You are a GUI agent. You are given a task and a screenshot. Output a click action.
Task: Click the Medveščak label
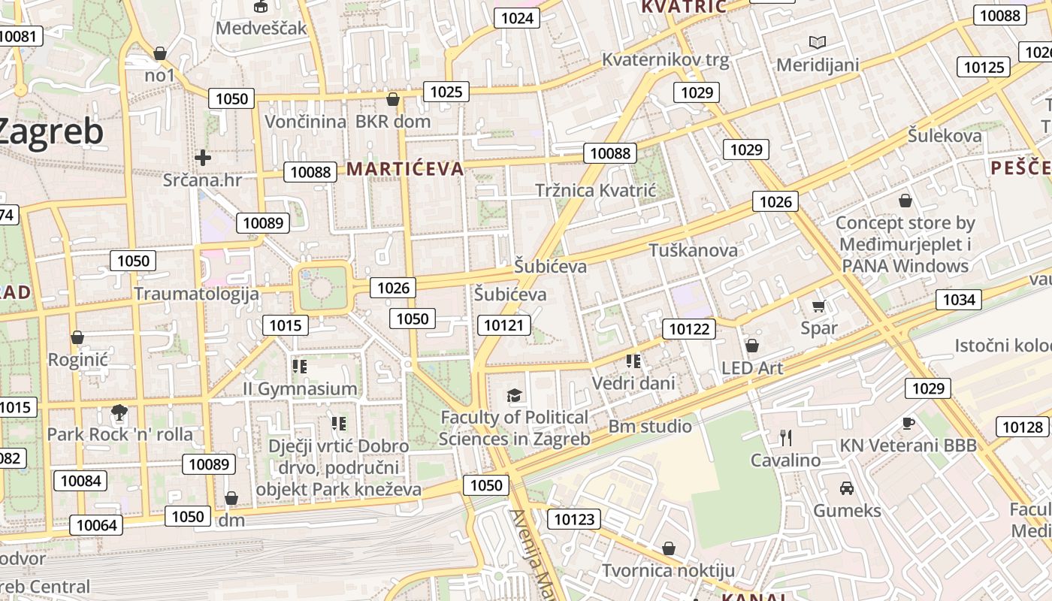pyautogui.click(x=261, y=29)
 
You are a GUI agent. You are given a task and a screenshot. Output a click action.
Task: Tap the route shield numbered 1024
pyautogui.click(x=517, y=18)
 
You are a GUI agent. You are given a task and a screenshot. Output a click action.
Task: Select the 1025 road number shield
pyautogui.click(x=446, y=92)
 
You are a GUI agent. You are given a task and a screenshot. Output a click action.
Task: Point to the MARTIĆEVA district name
pyautogui.click(x=405, y=168)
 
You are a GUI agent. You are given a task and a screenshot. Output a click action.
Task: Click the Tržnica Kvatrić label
pyautogui.click(x=596, y=191)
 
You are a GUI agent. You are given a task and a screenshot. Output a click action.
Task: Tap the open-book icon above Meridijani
pyautogui.click(x=817, y=43)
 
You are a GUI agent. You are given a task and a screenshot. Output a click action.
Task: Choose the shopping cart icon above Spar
pyautogui.click(x=819, y=306)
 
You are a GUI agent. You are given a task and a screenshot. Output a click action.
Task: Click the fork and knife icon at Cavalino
pyautogui.click(x=786, y=437)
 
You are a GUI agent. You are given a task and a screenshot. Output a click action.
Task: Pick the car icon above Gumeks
pyautogui.click(x=847, y=488)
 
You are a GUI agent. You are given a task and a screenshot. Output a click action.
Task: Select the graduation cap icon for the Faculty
pyautogui.click(x=514, y=395)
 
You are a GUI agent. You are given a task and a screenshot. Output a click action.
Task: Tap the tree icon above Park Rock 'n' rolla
pyautogui.click(x=119, y=412)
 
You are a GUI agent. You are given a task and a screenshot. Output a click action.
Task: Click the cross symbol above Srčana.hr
pyautogui.click(x=202, y=158)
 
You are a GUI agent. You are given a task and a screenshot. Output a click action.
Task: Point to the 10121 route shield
pyautogui.click(x=503, y=325)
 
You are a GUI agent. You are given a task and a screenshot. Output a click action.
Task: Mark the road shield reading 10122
pyautogui.click(x=688, y=328)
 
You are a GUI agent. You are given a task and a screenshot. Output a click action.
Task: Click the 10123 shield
pyautogui.click(x=574, y=518)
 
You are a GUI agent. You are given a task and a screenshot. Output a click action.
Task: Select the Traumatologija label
pyautogui.click(x=196, y=294)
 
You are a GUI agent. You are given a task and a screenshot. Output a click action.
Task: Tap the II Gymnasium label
pyautogui.click(x=300, y=388)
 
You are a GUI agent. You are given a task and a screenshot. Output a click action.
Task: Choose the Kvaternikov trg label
pyautogui.click(x=666, y=61)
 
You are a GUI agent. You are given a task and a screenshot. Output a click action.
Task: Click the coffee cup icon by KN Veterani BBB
pyautogui.click(x=908, y=423)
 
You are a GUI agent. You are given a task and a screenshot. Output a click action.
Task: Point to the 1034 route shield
pyautogui.click(x=959, y=300)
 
